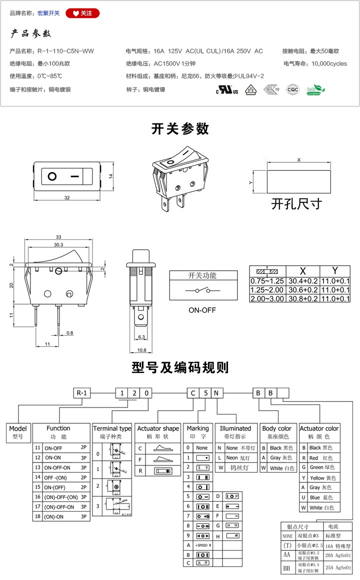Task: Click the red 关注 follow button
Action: click(x=82, y=13)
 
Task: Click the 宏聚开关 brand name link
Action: click(x=48, y=13)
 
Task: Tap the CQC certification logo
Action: click(x=292, y=90)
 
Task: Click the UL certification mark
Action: click(x=226, y=90)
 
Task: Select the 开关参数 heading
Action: click(x=180, y=129)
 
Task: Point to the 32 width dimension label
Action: click(x=67, y=198)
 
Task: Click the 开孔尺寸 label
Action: click(x=296, y=204)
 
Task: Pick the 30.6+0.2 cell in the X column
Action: click(x=302, y=290)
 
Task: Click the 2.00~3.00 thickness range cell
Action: click(x=267, y=298)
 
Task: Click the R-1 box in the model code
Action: click(x=82, y=393)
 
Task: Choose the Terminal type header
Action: click(x=112, y=429)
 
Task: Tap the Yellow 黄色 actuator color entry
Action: click(x=322, y=478)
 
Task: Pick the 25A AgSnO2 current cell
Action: click(x=338, y=568)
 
